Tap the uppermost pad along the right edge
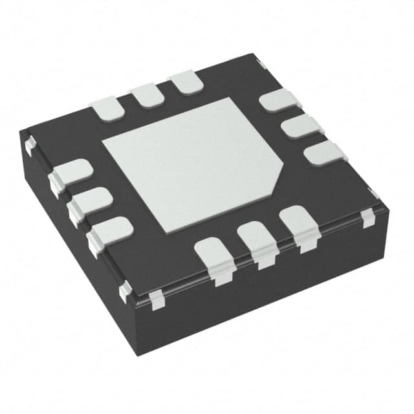click(278, 101)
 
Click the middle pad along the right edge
click(300, 126)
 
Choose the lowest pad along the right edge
click(324, 153)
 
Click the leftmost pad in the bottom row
click(214, 253)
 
